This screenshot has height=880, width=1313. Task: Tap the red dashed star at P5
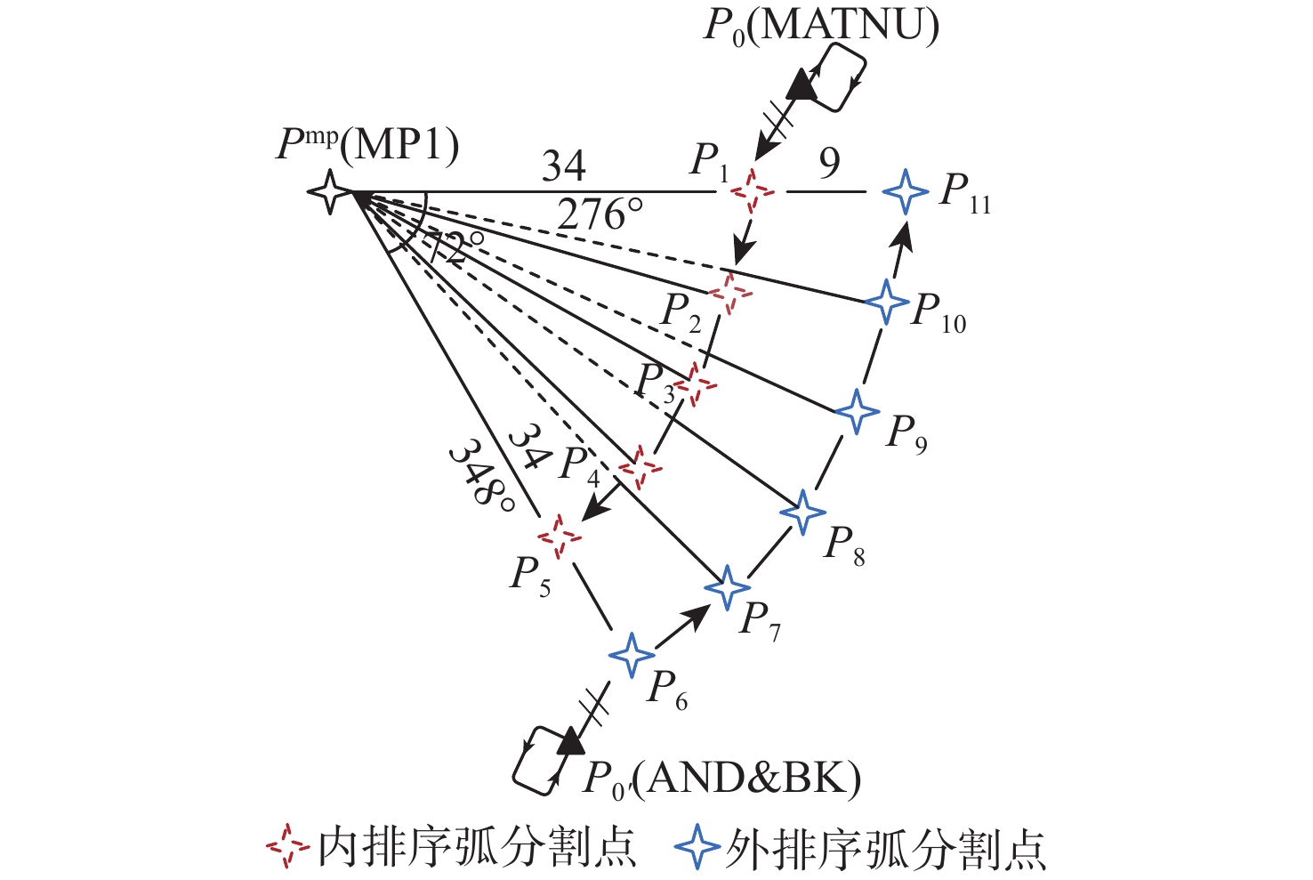560,536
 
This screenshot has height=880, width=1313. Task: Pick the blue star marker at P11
906,190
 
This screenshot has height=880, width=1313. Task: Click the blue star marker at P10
886,301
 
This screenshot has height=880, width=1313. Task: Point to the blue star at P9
857,410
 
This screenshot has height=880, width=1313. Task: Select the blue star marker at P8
802,512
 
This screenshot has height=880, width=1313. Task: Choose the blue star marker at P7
728,586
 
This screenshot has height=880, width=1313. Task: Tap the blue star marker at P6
632,655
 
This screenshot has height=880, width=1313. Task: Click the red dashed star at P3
694,385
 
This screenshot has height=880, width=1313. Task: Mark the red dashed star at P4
640,467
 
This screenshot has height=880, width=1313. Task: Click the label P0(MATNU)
820,26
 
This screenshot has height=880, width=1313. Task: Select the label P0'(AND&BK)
721,779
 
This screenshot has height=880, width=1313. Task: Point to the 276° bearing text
600,215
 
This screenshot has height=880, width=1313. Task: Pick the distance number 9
829,163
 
